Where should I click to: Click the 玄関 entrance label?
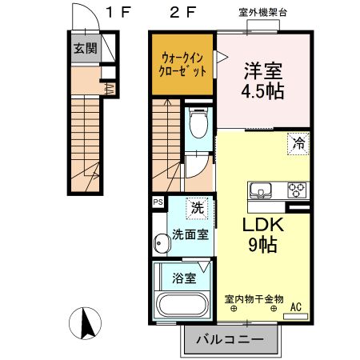click(85, 49)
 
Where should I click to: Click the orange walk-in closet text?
click(182, 63)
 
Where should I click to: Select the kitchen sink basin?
click(263, 190)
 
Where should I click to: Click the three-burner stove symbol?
click(297, 190)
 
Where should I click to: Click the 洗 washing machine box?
click(196, 207)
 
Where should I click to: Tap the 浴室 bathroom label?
click(184, 278)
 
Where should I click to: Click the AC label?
click(295, 306)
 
